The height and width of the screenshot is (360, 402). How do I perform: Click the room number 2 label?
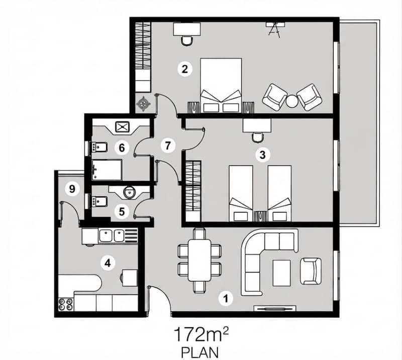point(184,69)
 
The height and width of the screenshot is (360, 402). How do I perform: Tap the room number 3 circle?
point(262,155)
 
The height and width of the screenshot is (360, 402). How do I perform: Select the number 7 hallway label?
point(168,146)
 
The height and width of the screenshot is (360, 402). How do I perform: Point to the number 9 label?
point(72,189)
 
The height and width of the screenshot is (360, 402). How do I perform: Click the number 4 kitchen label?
point(108,263)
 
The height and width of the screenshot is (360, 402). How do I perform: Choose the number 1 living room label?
point(226,299)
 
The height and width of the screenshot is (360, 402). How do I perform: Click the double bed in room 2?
point(221,85)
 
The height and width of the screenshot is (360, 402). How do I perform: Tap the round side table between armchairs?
point(292,101)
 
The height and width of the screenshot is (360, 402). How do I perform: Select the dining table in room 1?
point(199,260)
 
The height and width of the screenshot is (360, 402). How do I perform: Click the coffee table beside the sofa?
point(282,273)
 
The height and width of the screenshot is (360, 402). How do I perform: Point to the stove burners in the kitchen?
point(65,304)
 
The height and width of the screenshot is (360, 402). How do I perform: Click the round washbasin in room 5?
point(129,192)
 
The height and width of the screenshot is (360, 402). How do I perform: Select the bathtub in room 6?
point(107,170)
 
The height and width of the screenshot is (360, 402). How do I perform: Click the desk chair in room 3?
point(257,138)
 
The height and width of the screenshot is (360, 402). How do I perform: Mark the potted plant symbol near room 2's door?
point(143,104)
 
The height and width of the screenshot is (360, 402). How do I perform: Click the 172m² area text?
point(200,334)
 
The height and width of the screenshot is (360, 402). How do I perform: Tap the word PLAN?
point(200,352)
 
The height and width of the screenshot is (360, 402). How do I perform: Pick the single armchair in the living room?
point(311,271)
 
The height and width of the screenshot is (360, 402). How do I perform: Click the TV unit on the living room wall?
point(274,308)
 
